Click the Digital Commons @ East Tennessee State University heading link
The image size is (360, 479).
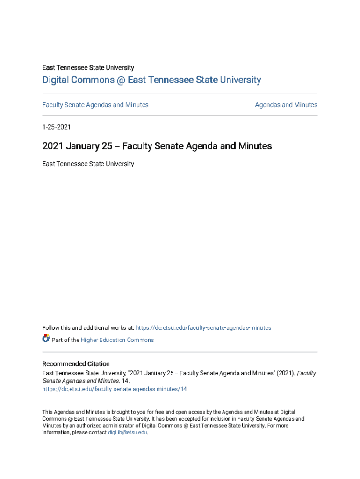pos(151,80)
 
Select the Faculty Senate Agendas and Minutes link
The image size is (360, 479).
pos(95,105)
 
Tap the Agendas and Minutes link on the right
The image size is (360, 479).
pos(286,105)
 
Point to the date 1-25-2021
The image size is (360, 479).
pos(57,127)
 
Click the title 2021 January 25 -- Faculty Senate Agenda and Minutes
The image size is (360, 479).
pos(157,146)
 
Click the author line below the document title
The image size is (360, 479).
pos(88,164)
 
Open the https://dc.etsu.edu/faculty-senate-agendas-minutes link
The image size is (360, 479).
pos(203,328)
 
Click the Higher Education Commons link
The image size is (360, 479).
pos(117,340)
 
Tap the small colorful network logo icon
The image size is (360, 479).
pos(46,339)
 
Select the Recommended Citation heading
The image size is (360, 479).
pos(76,364)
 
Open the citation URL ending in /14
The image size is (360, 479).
pos(114,389)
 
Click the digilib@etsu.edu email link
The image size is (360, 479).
pos(127,432)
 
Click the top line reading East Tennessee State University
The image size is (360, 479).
pos(88,68)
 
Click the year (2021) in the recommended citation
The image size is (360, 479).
pos(285,373)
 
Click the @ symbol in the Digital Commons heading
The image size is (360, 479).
pos(121,80)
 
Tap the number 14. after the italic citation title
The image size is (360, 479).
pos(125,381)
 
